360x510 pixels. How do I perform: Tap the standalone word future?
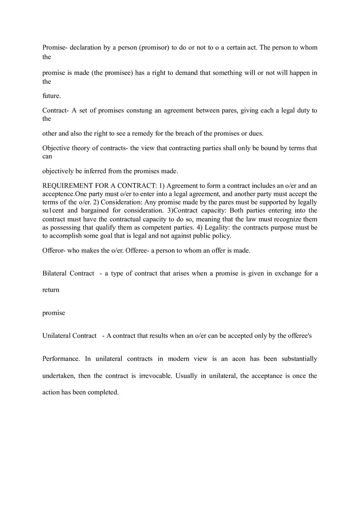[52, 96]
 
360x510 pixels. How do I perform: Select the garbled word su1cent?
[53, 211]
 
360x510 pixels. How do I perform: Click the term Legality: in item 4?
[217, 227]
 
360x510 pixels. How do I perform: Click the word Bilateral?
[54, 273]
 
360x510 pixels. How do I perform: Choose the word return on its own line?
[51, 290]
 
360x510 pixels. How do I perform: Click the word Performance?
[61, 359]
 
